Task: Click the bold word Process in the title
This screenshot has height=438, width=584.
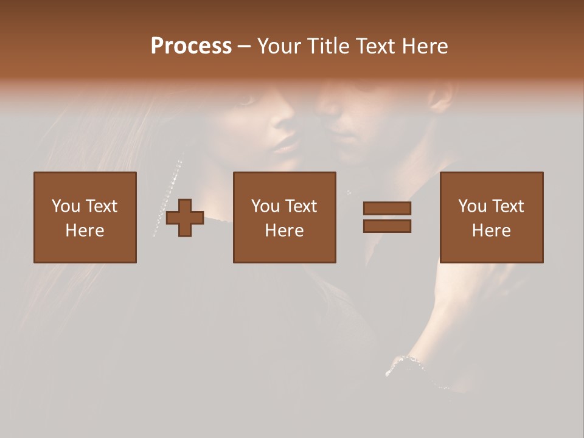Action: pyautogui.click(x=191, y=46)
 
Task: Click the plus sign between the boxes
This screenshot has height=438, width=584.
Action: pyautogui.click(x=185, y=218)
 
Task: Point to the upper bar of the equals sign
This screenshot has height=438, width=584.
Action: pyautogui.click(x=387, y=209)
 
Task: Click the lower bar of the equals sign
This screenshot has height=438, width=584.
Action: pyautogui.click(x=387, y=226)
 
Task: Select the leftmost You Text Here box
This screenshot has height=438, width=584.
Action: pyautogui.click(x=85, y=217)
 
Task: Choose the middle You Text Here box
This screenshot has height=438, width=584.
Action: pyautogui.click(x=284, y=217)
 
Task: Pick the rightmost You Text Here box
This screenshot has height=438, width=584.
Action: pyautogui.click(x=491, y=217)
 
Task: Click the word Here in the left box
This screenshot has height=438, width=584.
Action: pyautogui.click(x=85, y=231)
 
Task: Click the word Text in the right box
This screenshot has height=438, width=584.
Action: pyautogui.click(x=507, y=206)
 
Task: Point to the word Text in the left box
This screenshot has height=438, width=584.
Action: pyautogui.click(x=101, y=206)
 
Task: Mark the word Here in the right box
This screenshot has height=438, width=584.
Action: pyautogui.click(x=491, y=231)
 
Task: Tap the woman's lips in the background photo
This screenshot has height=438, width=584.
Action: pyautogui.click(x=285, y=145)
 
